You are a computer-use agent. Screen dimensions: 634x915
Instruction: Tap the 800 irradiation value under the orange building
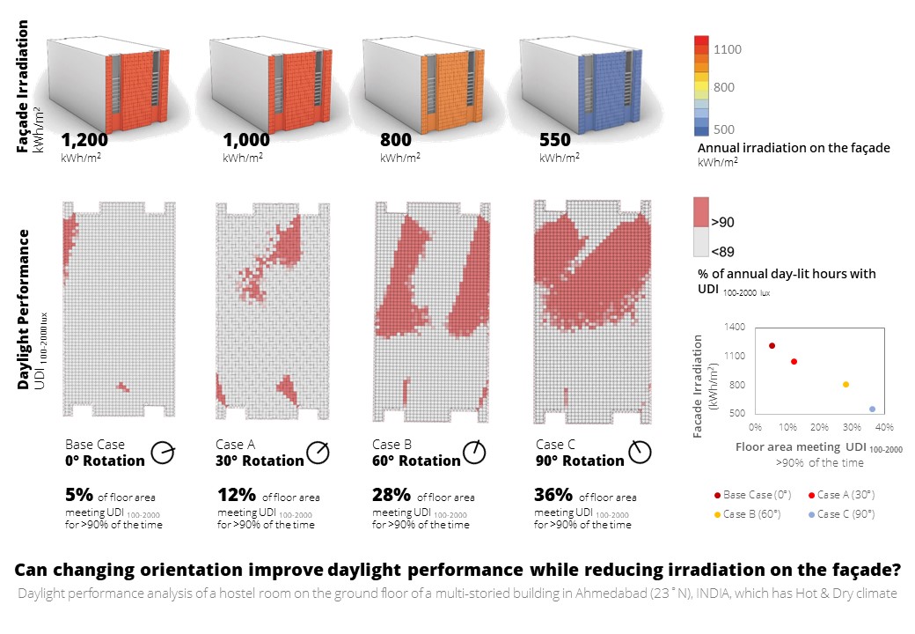pyautogui.click(x=396, y=140)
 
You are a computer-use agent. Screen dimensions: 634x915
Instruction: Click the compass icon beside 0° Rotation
pyautogui.click(x=163, y=453)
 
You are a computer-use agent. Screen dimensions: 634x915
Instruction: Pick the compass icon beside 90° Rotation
pyautogui.click(x=640, y=453)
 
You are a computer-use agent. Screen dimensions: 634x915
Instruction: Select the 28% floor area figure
pyautogui.click(x=390, y=494)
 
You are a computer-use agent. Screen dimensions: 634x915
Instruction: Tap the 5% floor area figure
pyautogui.click(x=77, y=494)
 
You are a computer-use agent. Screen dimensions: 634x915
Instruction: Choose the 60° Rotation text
pyautogui.click(x=416, y=461)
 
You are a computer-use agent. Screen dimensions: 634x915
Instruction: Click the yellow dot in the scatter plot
pyautogui.click(x=845, y=384)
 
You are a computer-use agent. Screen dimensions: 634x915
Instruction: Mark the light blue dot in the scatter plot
pyautogui.click(x=872, y=409)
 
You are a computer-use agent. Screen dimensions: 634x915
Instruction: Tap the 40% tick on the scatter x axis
pyautogui.click(x=884, y=427)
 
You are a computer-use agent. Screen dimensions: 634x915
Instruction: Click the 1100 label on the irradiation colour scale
pyautogui.click(x=728, y=50)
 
